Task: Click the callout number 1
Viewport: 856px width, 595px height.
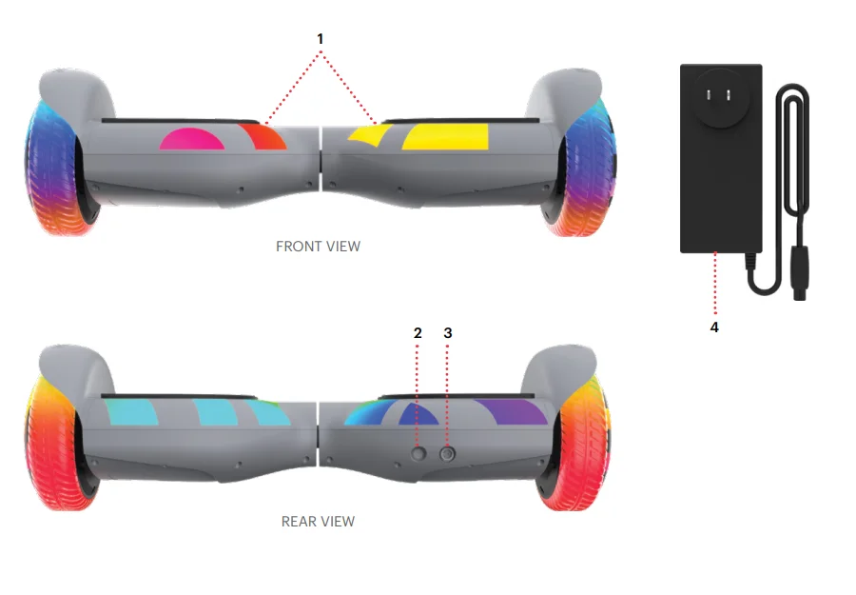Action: pyautogui.click(x=321, y=38)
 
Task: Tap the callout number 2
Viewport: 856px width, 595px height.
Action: pyautogui.click(x=418, y=332)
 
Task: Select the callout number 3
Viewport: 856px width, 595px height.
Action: pyautogui.click(x=448, y=332)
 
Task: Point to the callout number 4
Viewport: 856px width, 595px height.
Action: pyautogui.click(x=714, y=327)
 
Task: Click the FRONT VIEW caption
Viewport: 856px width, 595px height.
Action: pyautogui.click(x=318, y=247)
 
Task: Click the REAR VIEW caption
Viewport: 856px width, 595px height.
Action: pyautogui.click(x=318, y=522)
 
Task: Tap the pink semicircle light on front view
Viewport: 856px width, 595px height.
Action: pyautogui.click(x=192, y=139)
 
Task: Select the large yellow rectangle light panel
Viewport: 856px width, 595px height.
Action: pyautogui.click(x=445, y=136)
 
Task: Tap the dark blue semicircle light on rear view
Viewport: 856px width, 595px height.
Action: pyautogui.click(x=418, y=413)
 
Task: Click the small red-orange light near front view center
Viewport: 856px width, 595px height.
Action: pyautogui.click(x=261, y=136)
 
